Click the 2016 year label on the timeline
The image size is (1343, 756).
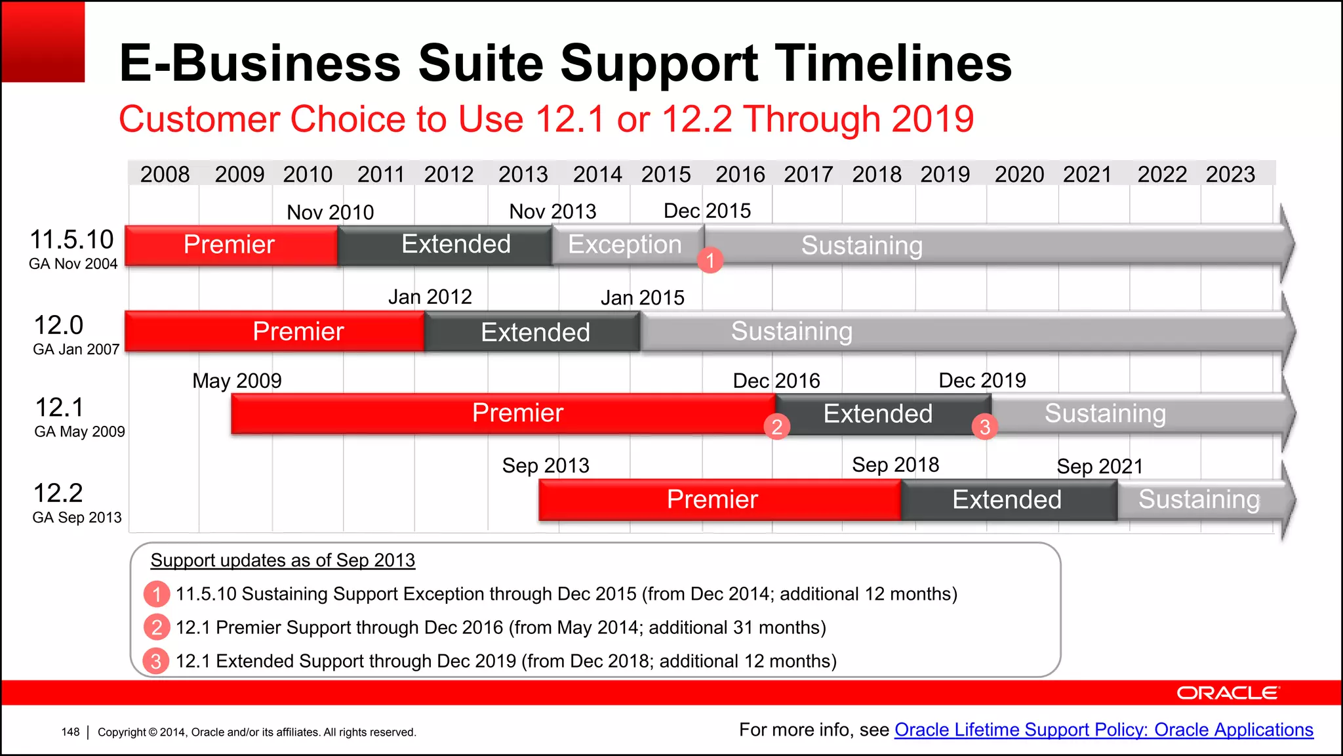(740, 175)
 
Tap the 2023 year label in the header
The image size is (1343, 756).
(1230, 175)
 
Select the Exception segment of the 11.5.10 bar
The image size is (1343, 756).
(624, 245)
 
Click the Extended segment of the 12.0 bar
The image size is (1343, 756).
(534, 332)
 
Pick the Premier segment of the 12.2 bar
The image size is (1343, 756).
(712, 499)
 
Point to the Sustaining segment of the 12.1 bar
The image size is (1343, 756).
(1105, 413)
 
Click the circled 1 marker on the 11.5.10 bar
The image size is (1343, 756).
(710, 261)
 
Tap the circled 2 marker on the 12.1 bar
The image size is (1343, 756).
(776, 427)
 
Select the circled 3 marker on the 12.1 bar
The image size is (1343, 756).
(984, 427)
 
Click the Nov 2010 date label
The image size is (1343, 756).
(330, 213)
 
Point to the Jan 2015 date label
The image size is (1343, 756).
(642, 298)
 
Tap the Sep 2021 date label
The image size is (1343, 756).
(1100, 467)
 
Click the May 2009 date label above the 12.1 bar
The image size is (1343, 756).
(237, 381)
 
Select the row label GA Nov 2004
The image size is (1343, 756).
(73, 264)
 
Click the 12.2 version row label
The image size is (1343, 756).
(58, 493)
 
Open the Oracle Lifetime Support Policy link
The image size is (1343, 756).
(1103, 730)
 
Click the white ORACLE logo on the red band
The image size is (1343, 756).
(1227, 693)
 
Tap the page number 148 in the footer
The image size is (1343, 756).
(70, 732)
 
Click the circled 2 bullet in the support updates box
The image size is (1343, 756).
(156, 627)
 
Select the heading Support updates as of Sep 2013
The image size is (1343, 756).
(283, 560)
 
